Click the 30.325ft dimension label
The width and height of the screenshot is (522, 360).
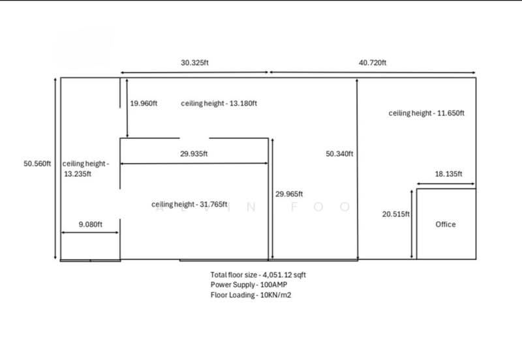[x=194, y=63]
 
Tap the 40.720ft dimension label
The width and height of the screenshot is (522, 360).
[x=373, y=63]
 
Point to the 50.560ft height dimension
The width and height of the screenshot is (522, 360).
[x=37, y=164]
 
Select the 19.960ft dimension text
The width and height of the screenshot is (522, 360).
[x=144, y=104]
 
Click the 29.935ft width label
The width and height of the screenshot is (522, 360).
[x=194, y=154]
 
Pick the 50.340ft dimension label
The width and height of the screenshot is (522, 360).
[x=339, y=154]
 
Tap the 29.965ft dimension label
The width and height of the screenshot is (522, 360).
[x=289, y=194]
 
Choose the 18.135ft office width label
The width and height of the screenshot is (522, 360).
[x=448, y=174]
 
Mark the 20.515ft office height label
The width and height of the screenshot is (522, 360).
[x=396, y=215]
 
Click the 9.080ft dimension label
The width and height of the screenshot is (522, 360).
[x=91, y=224]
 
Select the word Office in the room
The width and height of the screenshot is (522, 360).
[x=446, y=224]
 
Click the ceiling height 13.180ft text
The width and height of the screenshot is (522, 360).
[x=219, y=104]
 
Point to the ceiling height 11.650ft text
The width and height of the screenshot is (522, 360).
[x=427, y=113]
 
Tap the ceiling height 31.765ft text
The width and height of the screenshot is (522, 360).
[x=189, y=204]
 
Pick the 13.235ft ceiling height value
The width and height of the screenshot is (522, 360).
[x=78, y=174]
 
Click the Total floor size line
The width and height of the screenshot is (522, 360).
[x=258, y=275]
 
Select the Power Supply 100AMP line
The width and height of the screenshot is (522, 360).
[x=249, y=285]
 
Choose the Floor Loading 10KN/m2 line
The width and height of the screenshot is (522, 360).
[x=251, y=295]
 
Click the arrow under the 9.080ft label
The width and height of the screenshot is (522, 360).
[x=90, y=233]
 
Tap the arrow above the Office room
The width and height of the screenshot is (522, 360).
[x=446, y=184]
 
